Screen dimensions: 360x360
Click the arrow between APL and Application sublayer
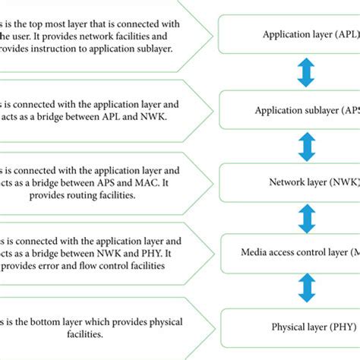[x=307, y=72]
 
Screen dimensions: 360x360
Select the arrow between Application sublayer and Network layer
[x=307, y=146]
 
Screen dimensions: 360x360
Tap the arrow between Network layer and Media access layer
[x=307, y=217]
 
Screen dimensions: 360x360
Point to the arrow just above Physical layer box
[x=307, y=289]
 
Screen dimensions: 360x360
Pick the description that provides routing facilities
[x=99, y=182]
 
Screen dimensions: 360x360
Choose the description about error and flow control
[x=99, y=252]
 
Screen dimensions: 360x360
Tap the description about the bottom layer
[x=99, y=327]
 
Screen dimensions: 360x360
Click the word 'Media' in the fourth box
[x=257, y=253]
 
